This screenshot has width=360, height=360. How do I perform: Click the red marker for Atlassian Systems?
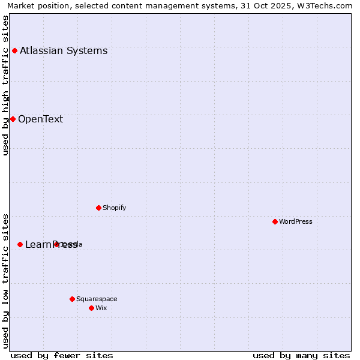point(14,50)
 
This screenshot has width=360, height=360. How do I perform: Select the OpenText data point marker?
point(13,119)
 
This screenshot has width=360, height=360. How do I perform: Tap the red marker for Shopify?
point(98,208)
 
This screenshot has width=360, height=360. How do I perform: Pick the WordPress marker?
point(275,221)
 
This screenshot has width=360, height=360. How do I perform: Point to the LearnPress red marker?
point(20,244)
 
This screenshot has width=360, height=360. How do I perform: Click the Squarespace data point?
point(72,299)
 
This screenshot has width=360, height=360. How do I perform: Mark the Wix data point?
point(91,308)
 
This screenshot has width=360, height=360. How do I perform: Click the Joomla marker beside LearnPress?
point(56,244)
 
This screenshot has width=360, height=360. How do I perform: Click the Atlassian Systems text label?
point(64,50)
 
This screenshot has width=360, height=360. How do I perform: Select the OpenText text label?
point(40,119)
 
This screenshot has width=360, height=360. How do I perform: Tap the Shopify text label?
point(114,208)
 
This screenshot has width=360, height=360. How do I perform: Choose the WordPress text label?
point(296,221)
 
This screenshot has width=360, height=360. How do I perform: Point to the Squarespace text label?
point(97,299)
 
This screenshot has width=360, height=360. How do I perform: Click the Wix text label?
point(101,308)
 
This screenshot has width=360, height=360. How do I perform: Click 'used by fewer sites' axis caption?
point(62,355)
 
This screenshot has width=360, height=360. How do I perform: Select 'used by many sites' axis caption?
point(301,355)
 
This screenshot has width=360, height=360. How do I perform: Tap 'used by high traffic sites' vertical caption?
point(5,85)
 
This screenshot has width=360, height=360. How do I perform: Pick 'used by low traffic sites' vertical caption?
point(5,280)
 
